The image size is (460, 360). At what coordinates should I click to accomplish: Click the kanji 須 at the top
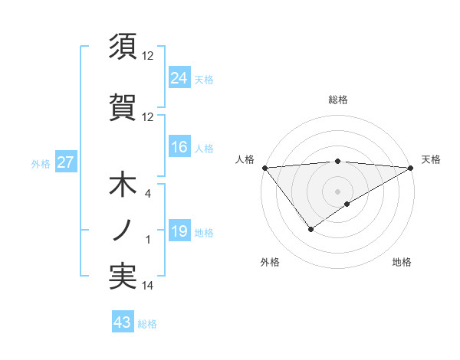coord(123,47)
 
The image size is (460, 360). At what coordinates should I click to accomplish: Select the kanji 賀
coord(123,105)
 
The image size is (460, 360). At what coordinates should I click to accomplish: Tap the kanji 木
coord(123,186)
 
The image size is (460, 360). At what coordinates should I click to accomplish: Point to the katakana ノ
coord(123,230)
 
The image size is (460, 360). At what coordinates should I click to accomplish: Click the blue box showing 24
coord(179,77)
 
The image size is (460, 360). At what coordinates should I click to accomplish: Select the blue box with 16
coord(179,147)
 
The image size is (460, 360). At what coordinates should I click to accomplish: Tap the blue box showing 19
coord(179,231)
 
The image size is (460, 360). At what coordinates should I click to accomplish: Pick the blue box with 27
coord(65,162)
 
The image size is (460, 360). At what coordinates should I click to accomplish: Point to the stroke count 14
coord(147,286)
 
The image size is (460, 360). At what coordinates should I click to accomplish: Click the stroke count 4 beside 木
coord(147,195)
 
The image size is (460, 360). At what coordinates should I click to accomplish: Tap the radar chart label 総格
coord(337,100)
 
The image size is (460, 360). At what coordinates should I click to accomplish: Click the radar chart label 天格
coord(431,159)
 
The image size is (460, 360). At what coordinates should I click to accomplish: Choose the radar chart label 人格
coord(245,159)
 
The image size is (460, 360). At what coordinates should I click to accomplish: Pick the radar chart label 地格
coord(402,262)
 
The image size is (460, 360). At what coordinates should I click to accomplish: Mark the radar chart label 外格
coord(270,262)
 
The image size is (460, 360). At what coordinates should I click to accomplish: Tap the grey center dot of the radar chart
coord(337,190)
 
